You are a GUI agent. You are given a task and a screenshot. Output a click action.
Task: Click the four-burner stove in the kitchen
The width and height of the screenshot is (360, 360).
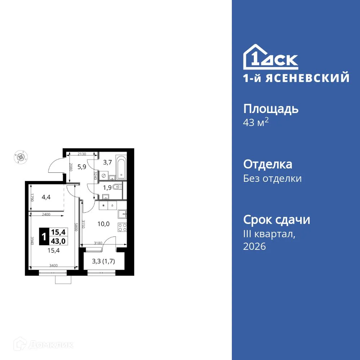[122, 227]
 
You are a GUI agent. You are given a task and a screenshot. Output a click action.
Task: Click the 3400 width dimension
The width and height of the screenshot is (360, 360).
[54, 266]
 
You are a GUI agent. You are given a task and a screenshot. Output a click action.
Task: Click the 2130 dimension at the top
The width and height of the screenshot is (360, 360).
[82, 154]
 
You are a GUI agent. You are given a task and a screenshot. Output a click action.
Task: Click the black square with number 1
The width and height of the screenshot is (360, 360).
[44, 237]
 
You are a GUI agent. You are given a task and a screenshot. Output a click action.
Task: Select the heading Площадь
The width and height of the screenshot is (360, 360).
[271, 108]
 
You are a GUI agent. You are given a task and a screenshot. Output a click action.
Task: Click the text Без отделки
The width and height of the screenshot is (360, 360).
[272, 179]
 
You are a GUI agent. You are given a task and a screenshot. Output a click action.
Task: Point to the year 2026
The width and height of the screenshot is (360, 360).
[255, 247]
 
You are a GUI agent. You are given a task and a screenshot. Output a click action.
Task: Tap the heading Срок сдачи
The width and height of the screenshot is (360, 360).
[276, 220]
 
